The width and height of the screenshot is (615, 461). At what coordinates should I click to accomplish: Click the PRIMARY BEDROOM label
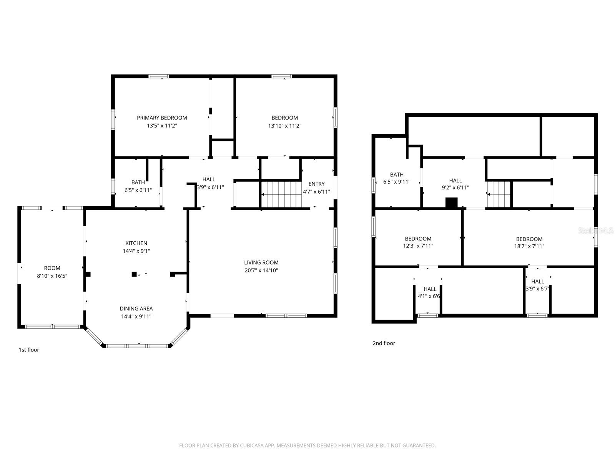162,118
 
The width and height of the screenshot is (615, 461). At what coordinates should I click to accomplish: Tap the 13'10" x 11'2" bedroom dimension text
284,126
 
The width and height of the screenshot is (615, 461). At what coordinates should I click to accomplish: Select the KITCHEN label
136,243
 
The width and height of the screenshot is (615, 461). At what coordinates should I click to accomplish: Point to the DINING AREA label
136,308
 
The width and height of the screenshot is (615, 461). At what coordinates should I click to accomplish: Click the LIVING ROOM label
261,262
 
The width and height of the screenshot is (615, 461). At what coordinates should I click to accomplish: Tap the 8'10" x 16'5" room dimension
52,276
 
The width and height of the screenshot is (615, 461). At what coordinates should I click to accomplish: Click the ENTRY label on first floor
316,184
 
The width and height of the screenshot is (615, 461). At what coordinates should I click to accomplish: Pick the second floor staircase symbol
499,194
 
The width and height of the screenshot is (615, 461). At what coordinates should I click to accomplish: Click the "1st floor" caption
29,350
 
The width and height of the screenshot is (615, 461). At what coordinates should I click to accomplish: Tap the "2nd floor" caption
384,343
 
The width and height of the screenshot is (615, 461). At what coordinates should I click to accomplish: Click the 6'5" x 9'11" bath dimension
397,182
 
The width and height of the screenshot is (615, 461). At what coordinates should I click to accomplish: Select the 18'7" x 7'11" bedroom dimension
529,246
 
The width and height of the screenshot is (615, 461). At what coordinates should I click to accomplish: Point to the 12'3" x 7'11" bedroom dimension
418,246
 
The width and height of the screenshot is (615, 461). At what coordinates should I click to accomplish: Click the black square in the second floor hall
451,202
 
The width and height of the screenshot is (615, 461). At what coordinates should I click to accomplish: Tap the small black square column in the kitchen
134,274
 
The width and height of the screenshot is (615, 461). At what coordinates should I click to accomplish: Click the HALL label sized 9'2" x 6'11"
455,180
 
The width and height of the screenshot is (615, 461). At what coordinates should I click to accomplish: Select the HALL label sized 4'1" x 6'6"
430,289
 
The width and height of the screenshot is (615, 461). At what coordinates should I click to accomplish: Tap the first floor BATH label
138,182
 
